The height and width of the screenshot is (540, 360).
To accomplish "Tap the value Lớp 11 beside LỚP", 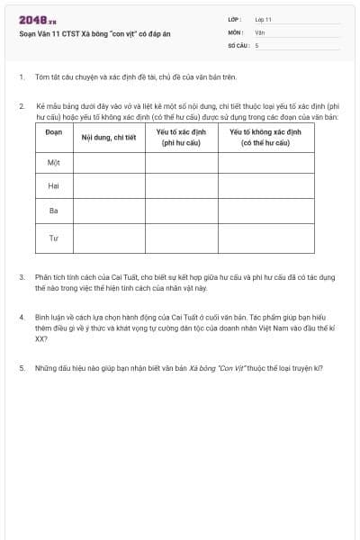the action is tap(263, 19).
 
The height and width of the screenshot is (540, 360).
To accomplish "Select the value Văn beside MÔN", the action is tap(259, 31).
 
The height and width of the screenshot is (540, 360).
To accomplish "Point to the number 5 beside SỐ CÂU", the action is tap(256, 44).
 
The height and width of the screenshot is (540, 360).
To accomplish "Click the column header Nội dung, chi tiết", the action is tap(108, 138).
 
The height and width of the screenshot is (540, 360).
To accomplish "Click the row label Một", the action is tap(54, 162).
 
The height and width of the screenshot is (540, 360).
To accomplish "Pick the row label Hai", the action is tap(54, 186).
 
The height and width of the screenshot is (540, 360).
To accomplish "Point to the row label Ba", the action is tap(54, 211).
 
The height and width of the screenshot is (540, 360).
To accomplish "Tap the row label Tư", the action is tap(54, 238).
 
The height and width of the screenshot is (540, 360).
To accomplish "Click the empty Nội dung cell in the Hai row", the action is tap(108, 186).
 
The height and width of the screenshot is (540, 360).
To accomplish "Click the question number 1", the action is tap(21, 77).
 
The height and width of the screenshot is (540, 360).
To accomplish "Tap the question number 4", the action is tap(21, 318).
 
